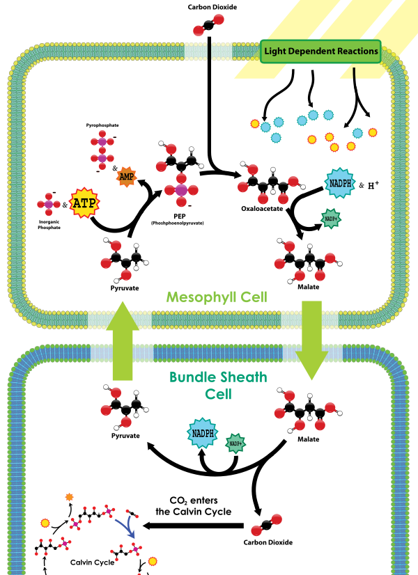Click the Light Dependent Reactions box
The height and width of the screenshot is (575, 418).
[x=320, y=52]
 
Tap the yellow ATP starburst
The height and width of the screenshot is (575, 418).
[x=84, y=203]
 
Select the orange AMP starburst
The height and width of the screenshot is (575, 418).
[x=127, y=177]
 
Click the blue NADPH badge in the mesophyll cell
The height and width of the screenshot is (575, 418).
[x=340, y=183]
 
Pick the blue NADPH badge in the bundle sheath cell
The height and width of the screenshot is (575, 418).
[x=203, y=433]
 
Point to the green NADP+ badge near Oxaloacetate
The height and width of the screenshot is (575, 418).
[x=331, y=219]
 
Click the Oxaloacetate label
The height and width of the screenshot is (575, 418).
[x=262, y=209]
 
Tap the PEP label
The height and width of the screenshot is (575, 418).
[x=180, y=216]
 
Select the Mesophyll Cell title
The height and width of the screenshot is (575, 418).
[x=217, y=297]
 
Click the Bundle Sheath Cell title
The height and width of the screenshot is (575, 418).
[x=218, y=386]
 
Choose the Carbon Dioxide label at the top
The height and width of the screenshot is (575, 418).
[x=212, y=7]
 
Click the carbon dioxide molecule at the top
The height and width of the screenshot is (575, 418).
[x=208, y=25]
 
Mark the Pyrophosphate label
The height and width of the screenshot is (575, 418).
[x=102, y=125]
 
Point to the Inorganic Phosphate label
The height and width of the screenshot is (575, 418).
[x=49, y=225]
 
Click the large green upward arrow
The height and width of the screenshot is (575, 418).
[x=123, y=340]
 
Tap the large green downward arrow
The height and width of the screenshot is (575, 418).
[x=311, y=340]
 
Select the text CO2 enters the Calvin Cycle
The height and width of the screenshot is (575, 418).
[x=194, y=506]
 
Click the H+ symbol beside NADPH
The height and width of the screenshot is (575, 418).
[x=373, y=185]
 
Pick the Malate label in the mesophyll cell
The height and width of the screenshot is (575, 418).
[x=308, y=287]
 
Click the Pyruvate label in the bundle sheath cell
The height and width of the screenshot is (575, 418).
[x=125, y=436]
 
